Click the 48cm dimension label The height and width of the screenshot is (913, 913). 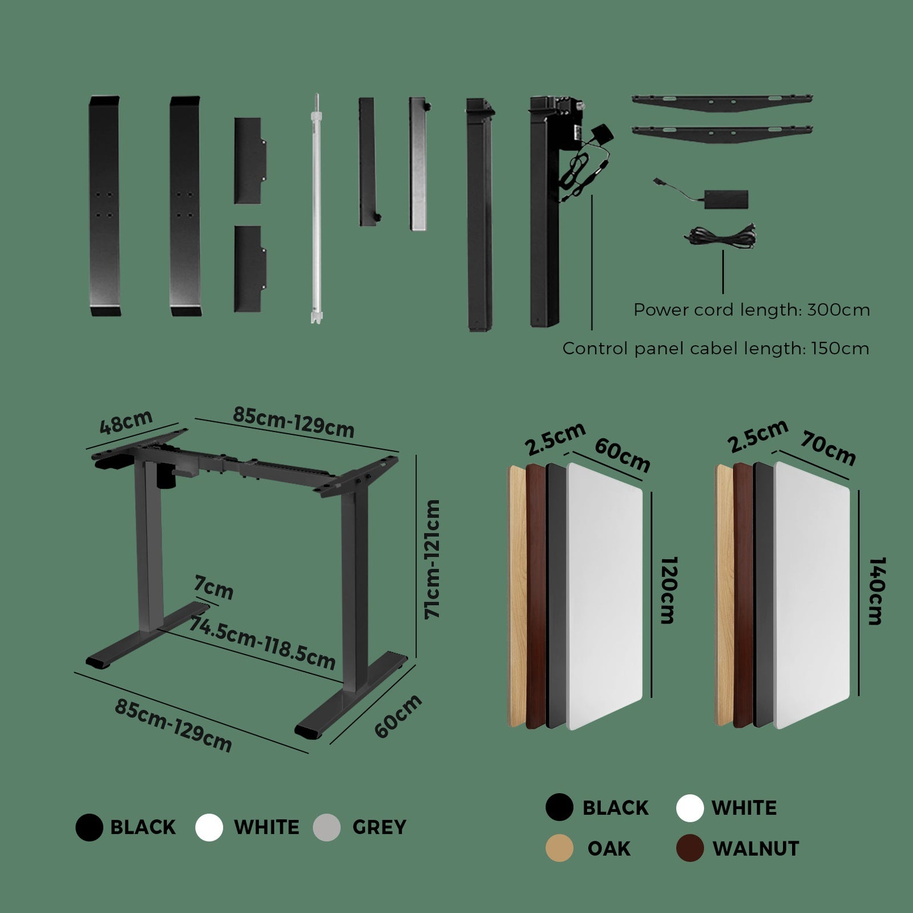pos(126,422)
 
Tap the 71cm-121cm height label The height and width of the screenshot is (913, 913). pos(432,559)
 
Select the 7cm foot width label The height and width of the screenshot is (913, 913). pos(213,588)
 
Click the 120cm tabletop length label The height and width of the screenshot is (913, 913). pos(668,590)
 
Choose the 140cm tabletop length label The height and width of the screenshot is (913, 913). pos(876,591)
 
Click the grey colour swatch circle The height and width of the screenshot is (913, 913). pos(327,827)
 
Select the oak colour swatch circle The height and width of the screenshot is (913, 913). pos(559,848)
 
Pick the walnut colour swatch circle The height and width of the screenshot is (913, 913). pos(690,848)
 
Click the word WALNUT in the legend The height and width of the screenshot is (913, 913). pos(756,849)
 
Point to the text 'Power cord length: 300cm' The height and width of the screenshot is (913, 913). pos(752,310)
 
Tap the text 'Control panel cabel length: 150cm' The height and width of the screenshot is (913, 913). pos(716,348)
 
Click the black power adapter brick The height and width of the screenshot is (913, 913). pos(725,199)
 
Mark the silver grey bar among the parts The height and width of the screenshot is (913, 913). pos(419,163)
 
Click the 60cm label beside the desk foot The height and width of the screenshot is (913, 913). pos(398,716)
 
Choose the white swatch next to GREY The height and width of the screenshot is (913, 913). pos(209,827)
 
